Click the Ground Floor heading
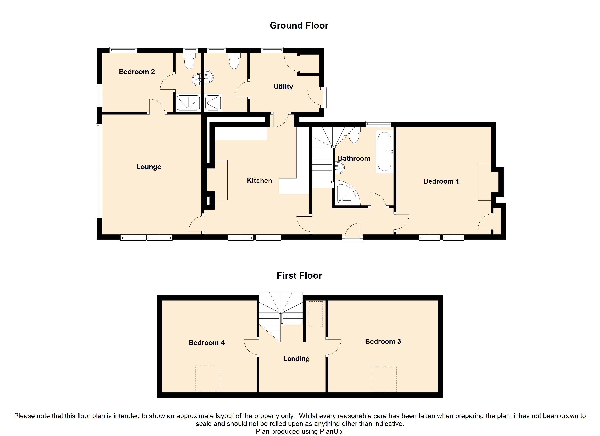[x=299, y=25]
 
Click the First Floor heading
[x=299, y=276]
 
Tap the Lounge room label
[x=149, y=167]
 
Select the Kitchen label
[x=259, y=181]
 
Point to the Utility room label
[x=283, y=87]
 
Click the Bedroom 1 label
[x=441, y=181]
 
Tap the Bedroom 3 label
[x=383, y=341]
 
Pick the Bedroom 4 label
[x=207, y=343]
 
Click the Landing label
[x=296, y=359]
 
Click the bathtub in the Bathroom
[x=384, y=152]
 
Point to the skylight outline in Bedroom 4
[x=208, y=378]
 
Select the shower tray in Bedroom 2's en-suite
[x=188, y=103]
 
